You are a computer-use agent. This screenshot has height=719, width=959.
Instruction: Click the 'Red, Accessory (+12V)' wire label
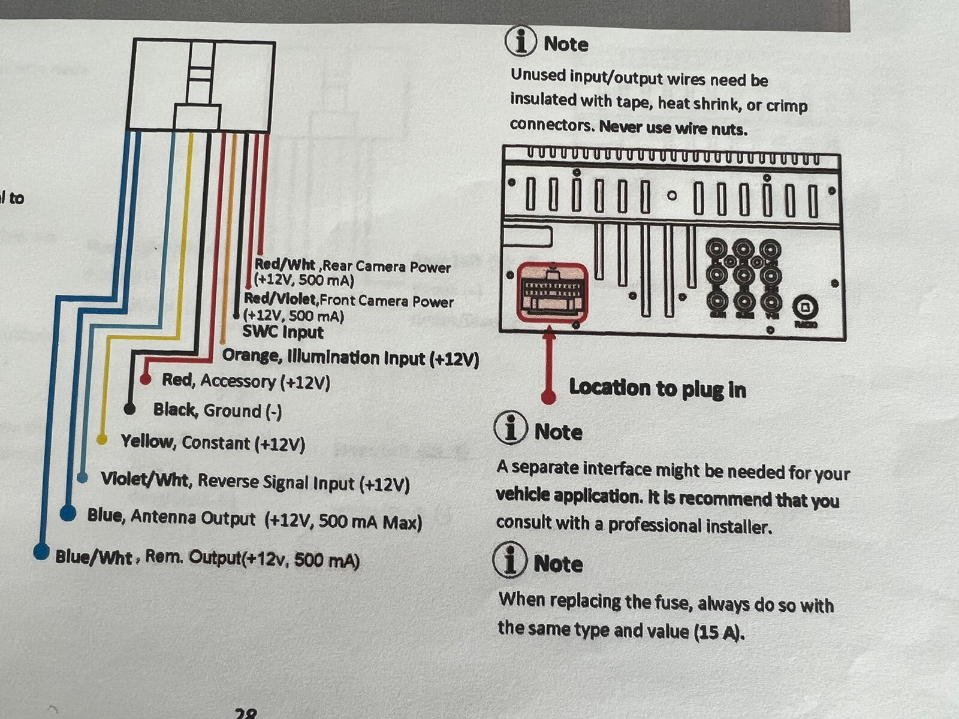coord(246,381)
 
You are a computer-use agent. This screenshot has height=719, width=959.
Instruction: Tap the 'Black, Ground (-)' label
coord(217,410)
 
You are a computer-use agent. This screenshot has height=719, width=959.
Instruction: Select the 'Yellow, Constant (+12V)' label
coord(213,443)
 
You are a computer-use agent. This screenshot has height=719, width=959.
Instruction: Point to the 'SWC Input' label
coord(282,332)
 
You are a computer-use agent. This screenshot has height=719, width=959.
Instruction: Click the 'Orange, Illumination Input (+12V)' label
coord(351,358)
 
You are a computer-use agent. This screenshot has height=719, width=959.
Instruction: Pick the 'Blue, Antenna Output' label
coord(254,519)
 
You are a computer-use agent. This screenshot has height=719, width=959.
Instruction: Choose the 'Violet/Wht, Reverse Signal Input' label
coord(255,482)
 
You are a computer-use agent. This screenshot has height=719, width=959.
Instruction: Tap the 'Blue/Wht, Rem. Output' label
coord(207,558)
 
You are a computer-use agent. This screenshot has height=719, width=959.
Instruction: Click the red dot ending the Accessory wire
coord(145,379)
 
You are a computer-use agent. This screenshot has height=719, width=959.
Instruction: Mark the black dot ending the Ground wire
coord(129,409)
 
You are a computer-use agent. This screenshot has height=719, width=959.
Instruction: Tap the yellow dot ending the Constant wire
coord(102,440)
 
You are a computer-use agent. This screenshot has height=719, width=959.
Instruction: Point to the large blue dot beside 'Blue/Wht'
coord(41,551)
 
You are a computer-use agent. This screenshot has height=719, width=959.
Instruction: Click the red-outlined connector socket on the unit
coord(552,292)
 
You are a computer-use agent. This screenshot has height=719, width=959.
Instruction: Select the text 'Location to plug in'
coord(658,388)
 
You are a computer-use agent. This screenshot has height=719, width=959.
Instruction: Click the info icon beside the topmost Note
coord(520,41)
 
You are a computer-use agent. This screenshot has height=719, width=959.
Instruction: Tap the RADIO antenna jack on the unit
coord(805,308)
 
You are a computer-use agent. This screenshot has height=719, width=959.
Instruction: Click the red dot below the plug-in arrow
coord(548,397)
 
